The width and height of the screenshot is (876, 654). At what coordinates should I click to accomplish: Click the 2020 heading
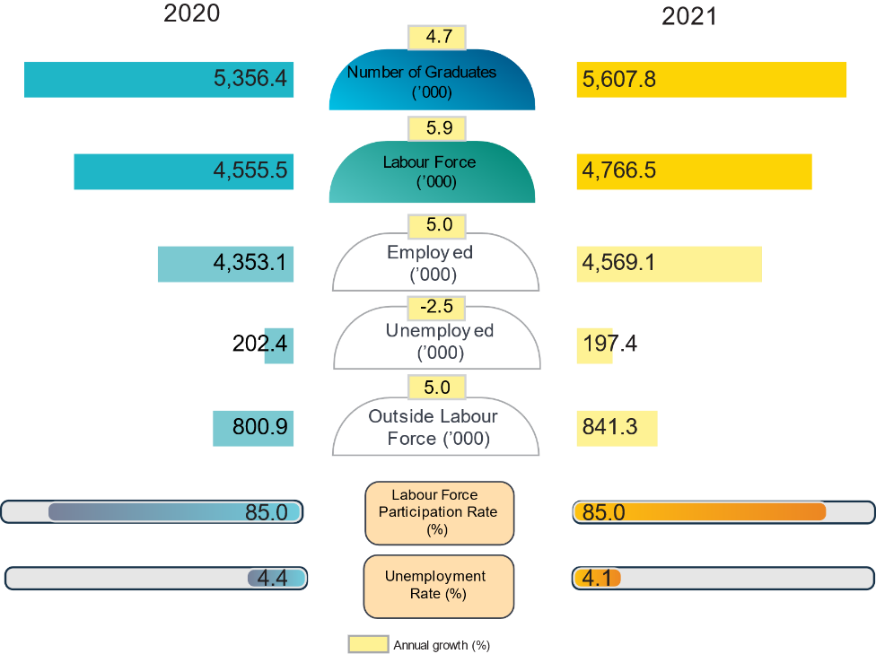191,13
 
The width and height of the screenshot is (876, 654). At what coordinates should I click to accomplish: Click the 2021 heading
689,17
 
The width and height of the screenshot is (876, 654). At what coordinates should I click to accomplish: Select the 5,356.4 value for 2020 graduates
250,79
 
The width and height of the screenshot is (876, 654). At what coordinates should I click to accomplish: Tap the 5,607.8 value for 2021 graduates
619,80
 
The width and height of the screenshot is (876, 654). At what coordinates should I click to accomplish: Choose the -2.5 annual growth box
436,307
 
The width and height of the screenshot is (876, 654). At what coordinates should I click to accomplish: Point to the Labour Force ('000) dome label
430,171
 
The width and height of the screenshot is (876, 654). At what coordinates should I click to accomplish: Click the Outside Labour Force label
434,427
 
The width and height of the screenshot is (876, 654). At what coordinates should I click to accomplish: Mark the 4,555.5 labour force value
250,170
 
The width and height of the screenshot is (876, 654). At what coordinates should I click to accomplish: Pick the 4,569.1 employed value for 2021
619,263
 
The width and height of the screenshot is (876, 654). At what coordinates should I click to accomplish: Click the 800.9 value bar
254,428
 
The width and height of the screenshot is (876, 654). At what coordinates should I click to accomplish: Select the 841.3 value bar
617,428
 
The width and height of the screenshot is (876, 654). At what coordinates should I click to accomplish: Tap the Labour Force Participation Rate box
439,512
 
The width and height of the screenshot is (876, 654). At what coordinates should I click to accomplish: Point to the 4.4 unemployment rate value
272,579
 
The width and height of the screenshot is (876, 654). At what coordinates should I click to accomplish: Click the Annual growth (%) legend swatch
368,644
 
